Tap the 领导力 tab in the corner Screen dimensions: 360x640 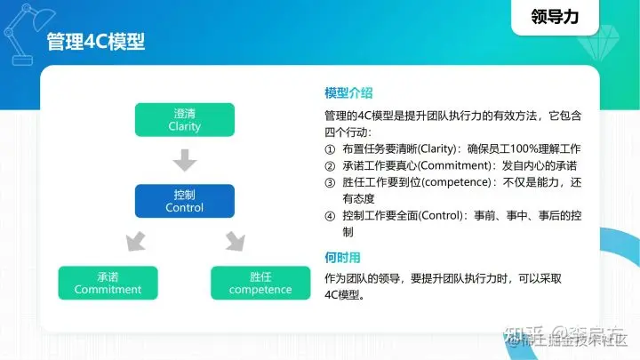[562, 15]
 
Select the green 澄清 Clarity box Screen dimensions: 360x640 [184, 120]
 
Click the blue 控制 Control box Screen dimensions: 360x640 [184, 201]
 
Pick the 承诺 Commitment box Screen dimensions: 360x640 [108, 283]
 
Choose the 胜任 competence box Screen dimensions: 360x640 [260, 283]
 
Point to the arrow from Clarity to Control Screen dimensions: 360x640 [184, 160]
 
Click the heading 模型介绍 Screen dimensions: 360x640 [348, 92]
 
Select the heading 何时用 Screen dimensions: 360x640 [342, 258]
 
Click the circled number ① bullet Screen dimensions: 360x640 [331, 148]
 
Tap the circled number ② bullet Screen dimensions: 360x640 [331, 164]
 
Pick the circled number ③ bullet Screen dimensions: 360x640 [331, 181]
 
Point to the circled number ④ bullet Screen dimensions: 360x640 [331, 215]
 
